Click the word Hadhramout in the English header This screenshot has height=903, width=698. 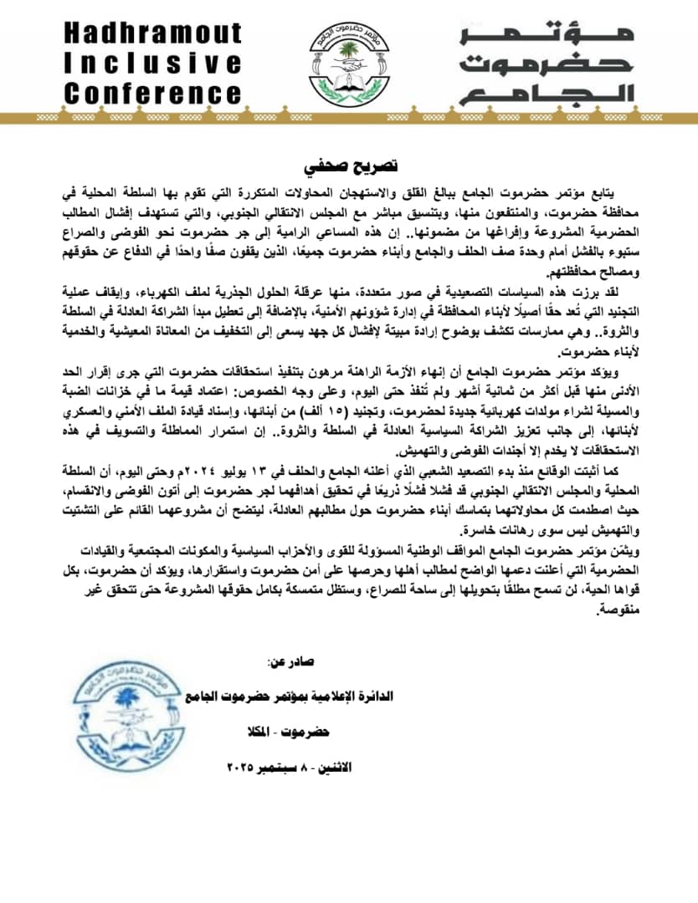[x=152, y=33]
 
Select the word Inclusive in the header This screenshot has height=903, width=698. [x=152, y=63]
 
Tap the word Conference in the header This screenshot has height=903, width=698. [x=152, y=92]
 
